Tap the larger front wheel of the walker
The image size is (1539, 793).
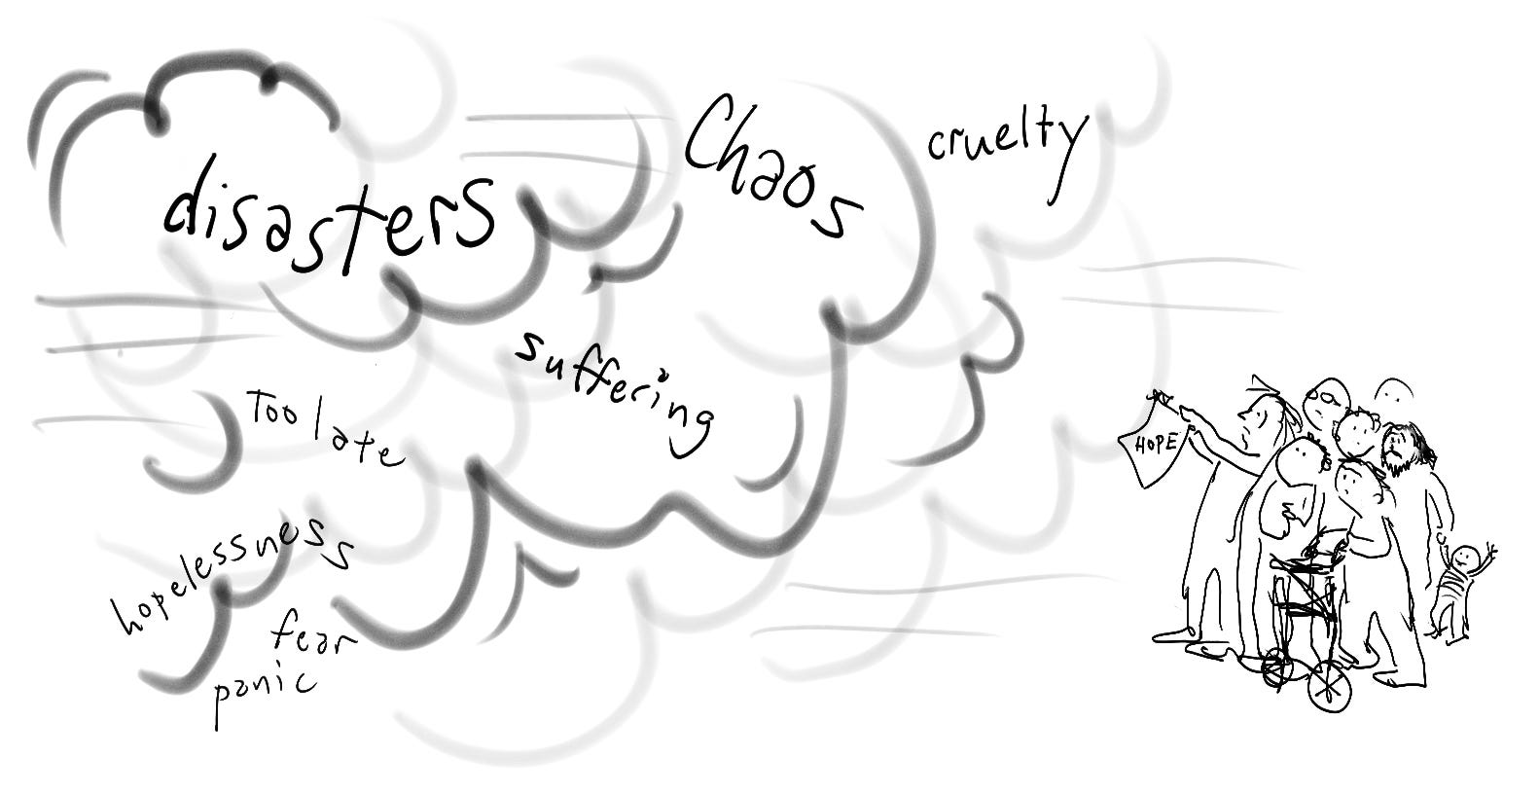(x=1328, y=689)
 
